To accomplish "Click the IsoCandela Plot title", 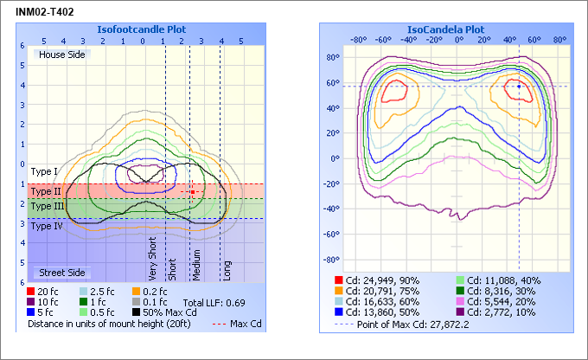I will point(451,29).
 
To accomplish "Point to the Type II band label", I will point(46,190).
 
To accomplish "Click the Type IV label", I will point(47,226).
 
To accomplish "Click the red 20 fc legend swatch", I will point(31,292).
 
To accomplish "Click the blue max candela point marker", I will point(518,86).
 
